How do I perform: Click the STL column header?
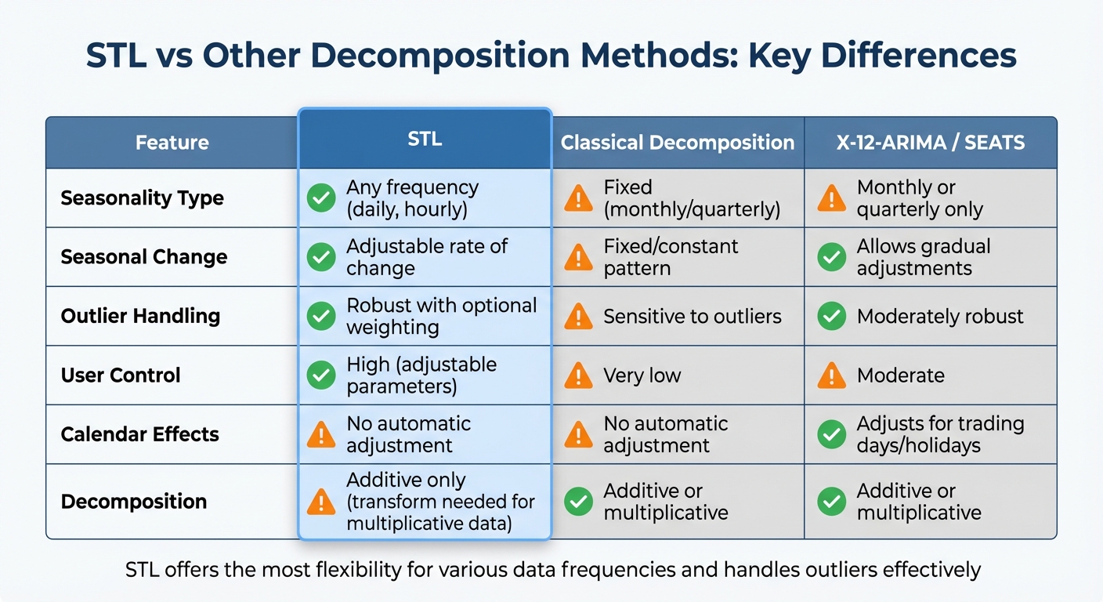tap(425, 140)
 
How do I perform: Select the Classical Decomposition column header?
tap(678, 143)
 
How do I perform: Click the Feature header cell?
tap(172, 143)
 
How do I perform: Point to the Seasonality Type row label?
tap(142, 198)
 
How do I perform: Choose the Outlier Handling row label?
tap(140, 316)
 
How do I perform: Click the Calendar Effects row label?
tap(139, 434)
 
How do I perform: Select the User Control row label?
tap(121, 375)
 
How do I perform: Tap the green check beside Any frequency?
tap(321, 198)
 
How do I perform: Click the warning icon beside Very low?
tap(578, 375)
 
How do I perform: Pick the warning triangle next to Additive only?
tap(321, 502)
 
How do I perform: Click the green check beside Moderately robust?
tap(831, 316)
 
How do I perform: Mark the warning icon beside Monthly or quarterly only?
tap(831, 198)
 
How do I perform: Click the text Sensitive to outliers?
tap(693, 316)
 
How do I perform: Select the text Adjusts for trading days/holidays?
tap(940, 434)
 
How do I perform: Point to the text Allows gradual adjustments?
tap(924, 257)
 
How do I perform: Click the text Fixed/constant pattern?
tap(671, 257)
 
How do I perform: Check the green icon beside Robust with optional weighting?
tap(321, 316)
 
